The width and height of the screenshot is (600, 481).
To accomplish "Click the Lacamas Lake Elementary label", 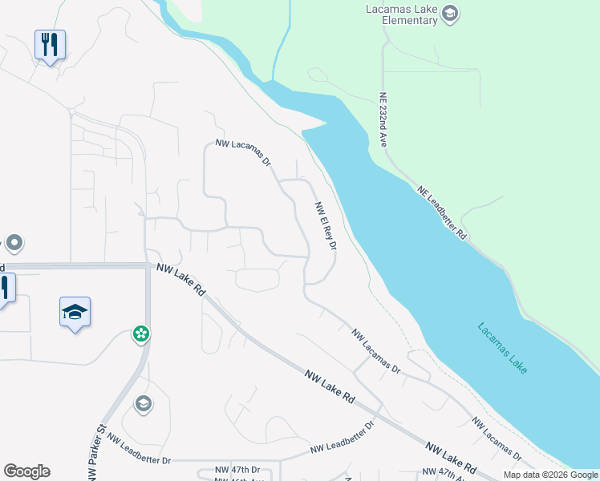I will coord(399,14).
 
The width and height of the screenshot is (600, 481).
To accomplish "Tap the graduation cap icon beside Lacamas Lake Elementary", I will coord(450,12).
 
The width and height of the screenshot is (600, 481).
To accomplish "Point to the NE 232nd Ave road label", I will coord(383,119).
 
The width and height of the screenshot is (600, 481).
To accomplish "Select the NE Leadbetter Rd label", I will coord(442,213).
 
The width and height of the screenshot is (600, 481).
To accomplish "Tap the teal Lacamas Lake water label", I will coord(503,349).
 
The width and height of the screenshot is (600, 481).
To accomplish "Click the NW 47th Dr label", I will coord(237,470).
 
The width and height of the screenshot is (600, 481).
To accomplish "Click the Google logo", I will coord(26,471).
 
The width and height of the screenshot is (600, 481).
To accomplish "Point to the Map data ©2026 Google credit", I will coord(549,475).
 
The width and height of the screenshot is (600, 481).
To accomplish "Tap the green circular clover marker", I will coord(141,333).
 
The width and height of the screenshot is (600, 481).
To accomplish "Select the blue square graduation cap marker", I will coord(75,313).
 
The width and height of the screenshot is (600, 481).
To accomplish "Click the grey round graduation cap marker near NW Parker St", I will coord(144,402).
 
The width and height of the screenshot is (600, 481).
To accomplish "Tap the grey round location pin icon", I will coord(14,243).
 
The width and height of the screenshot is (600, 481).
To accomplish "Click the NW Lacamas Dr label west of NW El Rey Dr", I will coord(244,152).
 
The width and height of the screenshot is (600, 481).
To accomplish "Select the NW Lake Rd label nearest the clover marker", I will coord(181,281).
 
